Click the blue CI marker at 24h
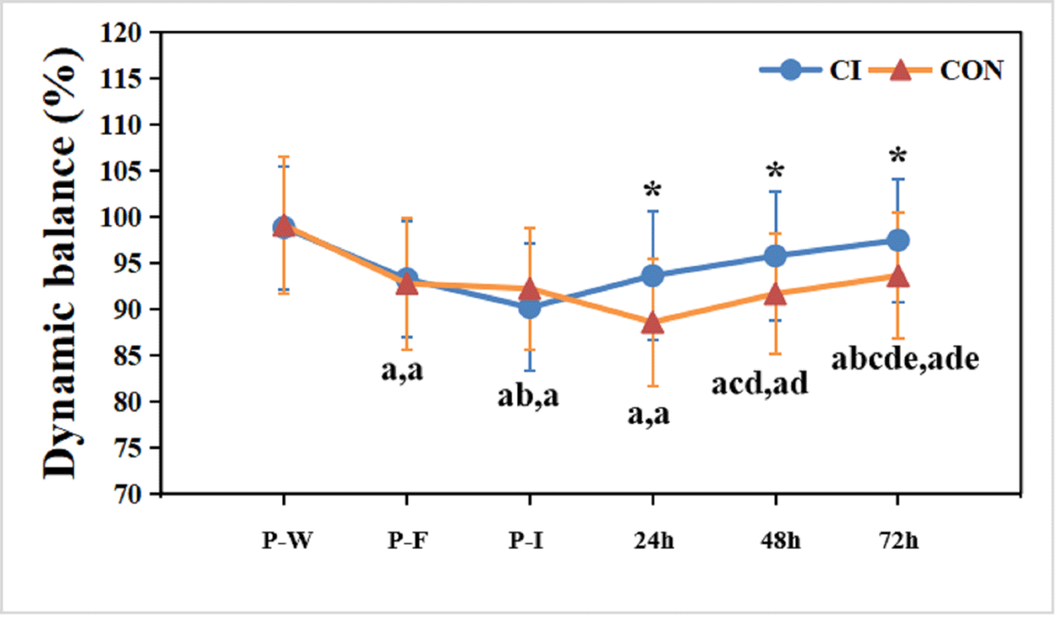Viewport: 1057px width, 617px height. (653, 276)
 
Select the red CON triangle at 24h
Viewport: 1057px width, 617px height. (653, 323)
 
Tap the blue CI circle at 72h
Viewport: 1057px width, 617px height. (898, 240)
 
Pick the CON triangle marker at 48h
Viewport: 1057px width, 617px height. (775, 294)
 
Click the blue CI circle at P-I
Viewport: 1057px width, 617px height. (529, 307)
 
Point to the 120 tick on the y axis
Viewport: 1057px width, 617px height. (128, 33)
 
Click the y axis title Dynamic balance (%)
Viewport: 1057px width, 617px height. (62, 263)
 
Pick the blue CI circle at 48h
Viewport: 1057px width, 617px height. (775, 256)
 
